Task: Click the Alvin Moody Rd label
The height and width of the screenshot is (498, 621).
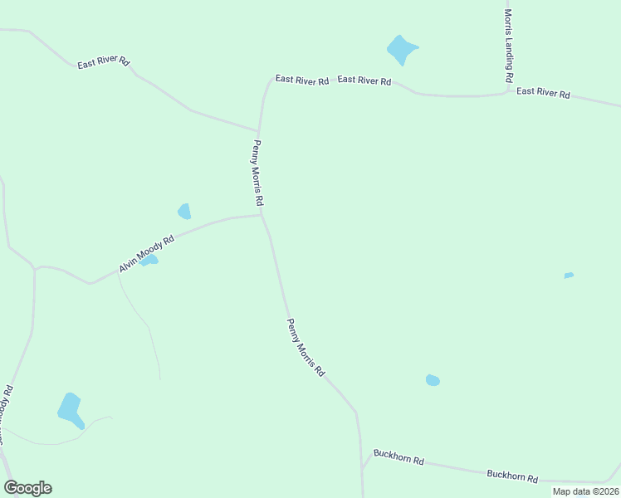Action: (146, 254)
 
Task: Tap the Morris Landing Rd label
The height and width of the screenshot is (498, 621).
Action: (508, 46)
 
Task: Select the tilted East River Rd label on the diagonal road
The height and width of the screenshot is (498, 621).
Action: (104, 62)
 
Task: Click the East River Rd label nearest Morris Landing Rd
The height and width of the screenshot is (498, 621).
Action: (543, 93)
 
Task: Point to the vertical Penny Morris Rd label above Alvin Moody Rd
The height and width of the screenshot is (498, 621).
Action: (258, 173)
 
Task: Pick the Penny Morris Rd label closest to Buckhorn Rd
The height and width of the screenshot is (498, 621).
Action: (306, 349)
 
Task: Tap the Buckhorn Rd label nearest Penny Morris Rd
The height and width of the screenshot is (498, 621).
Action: (399, 456)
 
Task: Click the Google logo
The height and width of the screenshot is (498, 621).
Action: (27, 488)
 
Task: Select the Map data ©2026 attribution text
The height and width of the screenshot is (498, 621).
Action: (584, 491)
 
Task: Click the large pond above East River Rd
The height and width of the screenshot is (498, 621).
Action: (401, 50)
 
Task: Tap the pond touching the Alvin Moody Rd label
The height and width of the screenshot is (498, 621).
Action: (149, 261)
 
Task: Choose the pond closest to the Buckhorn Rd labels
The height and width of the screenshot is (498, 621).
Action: (433, 380)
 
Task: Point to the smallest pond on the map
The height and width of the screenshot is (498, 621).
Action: (569, 275)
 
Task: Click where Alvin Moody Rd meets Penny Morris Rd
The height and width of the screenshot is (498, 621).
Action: (262, 216)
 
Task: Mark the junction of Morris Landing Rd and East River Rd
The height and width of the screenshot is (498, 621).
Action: (508, 91)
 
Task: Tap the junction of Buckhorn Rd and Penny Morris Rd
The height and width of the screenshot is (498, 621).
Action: (362, 469)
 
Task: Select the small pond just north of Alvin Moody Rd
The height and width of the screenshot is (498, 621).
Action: (184, 212)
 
